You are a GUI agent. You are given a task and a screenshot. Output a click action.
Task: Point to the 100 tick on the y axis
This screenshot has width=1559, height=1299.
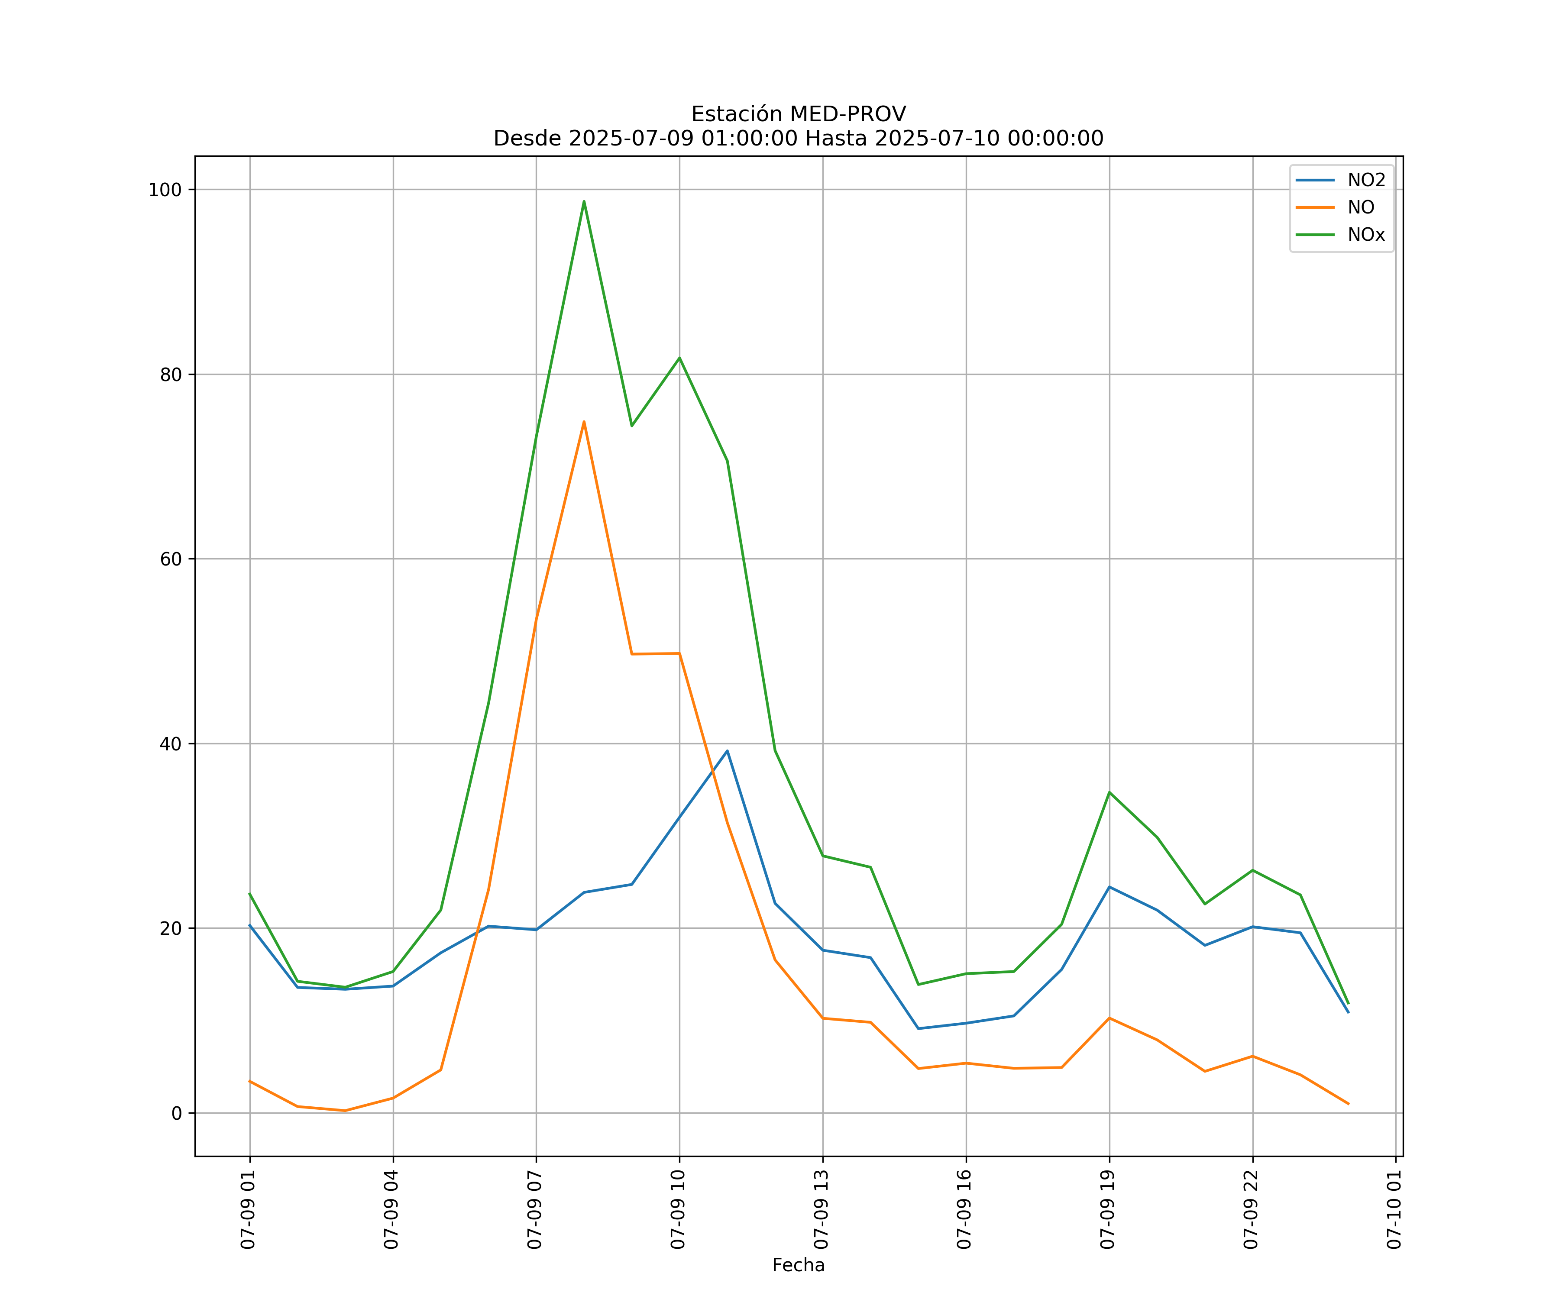165,189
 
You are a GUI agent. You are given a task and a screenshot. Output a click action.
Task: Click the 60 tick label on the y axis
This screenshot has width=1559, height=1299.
171,559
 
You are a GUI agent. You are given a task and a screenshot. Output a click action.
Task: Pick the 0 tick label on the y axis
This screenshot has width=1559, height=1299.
177,1113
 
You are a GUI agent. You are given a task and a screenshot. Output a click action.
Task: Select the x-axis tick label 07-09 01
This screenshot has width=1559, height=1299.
248,1210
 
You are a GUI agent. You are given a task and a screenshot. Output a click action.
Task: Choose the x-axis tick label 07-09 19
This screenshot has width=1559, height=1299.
1108,1210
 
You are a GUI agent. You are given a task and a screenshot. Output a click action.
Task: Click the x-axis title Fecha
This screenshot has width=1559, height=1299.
798,1266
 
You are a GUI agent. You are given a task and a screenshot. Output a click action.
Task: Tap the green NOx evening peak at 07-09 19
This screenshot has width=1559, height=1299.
1109,792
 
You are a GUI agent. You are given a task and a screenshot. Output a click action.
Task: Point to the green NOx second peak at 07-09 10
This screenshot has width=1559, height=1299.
679,358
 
